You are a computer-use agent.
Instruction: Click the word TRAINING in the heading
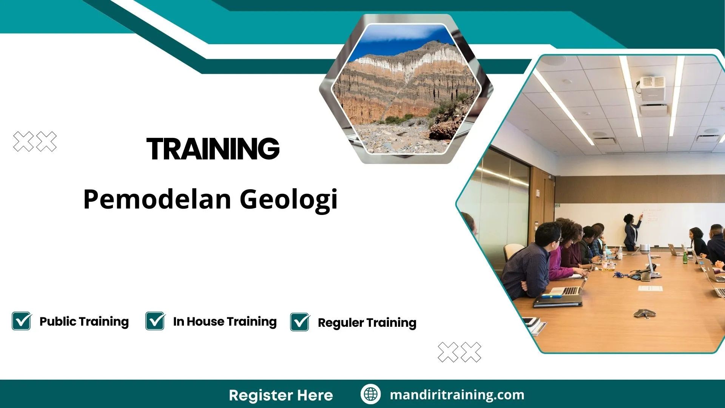point(213,149)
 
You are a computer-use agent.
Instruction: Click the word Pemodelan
point(157,199)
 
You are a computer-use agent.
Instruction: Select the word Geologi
point(288,199)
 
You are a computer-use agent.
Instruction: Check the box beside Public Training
point(22,321)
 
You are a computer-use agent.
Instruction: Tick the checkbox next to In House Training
point(155,321)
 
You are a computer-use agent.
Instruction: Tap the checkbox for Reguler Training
point(300,322)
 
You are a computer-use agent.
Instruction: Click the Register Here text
point(281,395)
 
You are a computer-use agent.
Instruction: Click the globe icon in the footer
point(370,394)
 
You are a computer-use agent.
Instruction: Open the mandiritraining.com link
point(457,395)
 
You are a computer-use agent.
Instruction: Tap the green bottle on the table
point(685,258)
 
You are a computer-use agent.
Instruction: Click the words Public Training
point(84,321)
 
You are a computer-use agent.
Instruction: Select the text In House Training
point(225,321)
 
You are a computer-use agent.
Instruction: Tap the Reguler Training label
point(367,323)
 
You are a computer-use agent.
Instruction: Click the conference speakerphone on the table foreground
point(644,313)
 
